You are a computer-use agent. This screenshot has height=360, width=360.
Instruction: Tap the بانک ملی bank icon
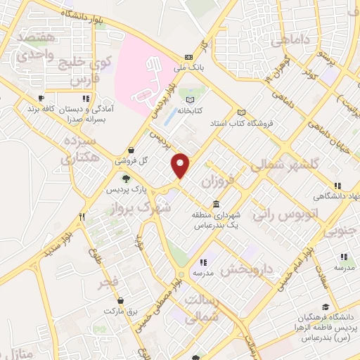188,58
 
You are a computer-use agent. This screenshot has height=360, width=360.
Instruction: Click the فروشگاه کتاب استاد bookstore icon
242,112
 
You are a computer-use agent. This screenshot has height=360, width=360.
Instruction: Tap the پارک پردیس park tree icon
127,177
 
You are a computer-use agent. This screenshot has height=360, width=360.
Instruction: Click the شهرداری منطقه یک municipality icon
214,204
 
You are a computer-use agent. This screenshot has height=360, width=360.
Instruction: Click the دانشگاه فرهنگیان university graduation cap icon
325,307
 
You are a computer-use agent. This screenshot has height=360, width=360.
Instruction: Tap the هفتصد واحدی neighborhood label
31,44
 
